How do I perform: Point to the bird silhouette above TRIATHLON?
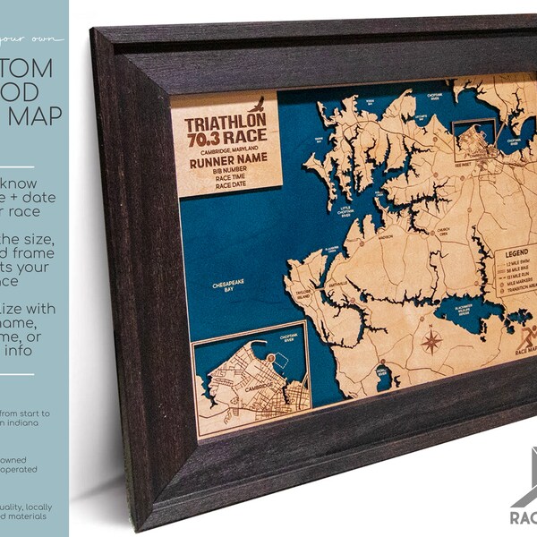[x=259, y=103]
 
